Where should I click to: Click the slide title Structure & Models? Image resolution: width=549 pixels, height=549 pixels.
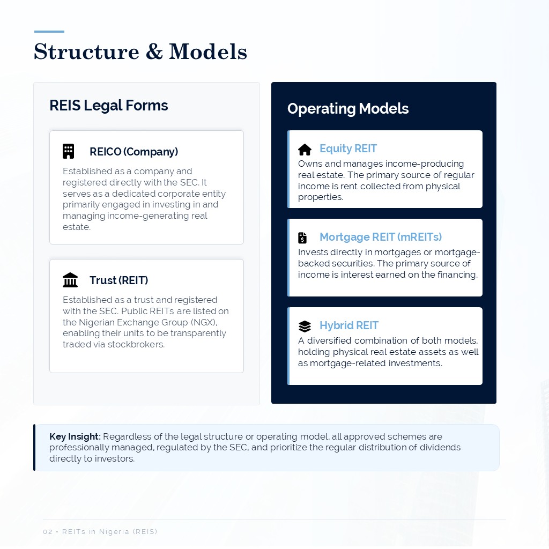tap(140, 52)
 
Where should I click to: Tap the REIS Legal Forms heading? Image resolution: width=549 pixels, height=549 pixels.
tap(108, 106)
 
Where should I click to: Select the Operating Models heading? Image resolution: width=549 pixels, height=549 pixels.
tap(347, 109)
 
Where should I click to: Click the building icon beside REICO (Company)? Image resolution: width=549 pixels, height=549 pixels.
tap(68, 151)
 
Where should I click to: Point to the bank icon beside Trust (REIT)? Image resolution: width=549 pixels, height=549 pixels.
tap(70, 280)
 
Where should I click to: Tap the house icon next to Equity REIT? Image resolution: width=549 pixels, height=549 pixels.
tap(305, 150)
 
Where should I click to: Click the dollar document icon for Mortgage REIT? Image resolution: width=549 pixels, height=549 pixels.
tap(302, 238)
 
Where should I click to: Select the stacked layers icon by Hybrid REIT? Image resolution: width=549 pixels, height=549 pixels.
tap(305, 326)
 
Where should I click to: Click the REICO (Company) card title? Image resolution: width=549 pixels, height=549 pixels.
tap(133, 152)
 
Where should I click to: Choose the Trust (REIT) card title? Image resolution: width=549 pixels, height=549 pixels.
tap(118, 280)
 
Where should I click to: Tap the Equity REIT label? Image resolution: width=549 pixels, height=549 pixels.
tap(348, 149)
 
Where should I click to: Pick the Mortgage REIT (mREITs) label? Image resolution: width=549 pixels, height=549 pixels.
tap(381, 237)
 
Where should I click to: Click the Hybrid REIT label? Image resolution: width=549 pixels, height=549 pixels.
tap(349, 325)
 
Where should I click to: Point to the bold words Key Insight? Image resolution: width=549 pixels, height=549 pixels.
tap(75, 436)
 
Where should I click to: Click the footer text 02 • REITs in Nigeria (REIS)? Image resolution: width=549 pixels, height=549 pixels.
tap(100, 532)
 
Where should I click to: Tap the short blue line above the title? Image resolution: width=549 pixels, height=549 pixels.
tap(49, 32)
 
